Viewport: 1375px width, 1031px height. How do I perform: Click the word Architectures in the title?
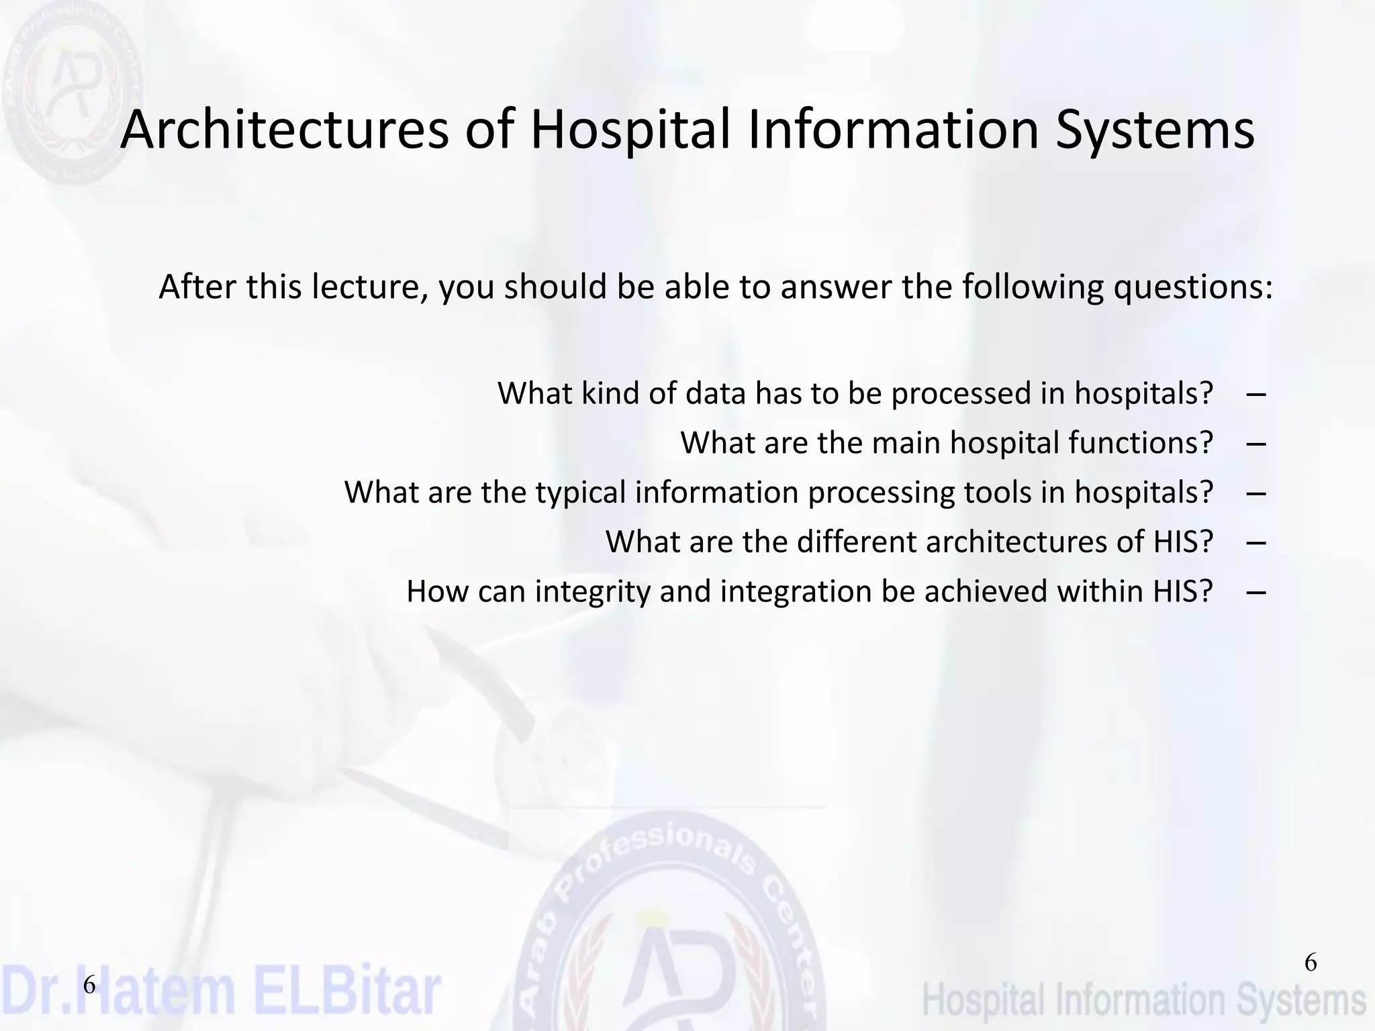[284, 130]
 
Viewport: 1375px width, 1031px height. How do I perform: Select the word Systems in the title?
[1154, 130]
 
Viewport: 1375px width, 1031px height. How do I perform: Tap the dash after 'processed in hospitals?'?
[1255, 393]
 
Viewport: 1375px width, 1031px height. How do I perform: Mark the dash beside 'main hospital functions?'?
[1255, 443]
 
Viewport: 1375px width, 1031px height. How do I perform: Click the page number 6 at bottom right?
[1310, 963]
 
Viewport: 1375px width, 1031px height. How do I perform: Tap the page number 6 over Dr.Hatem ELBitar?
[89, 986]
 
